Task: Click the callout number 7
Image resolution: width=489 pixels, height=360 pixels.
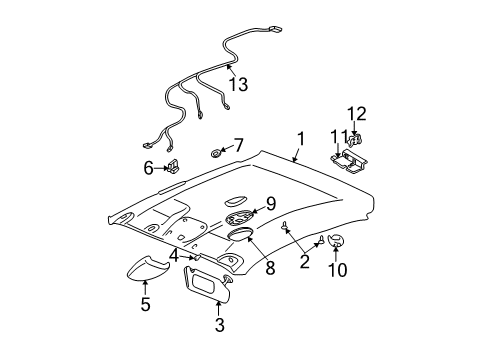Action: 237,145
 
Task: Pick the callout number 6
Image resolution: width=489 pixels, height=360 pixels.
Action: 148,167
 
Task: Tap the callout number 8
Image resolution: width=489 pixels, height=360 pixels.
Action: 269,268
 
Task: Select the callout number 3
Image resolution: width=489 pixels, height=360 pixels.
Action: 219,323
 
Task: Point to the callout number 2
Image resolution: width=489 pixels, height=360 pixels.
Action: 304,263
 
